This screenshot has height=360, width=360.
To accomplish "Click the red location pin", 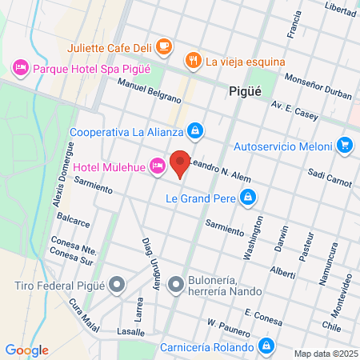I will coord(181,163).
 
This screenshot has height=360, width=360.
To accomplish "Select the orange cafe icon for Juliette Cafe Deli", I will coord(164,46).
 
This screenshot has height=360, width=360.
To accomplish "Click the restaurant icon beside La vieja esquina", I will coord(192,60).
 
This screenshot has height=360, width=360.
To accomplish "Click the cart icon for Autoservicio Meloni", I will coord(345,146).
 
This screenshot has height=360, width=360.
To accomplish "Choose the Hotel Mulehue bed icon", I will coord(158,166).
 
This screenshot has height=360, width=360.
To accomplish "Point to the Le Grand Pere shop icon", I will coord(249,197).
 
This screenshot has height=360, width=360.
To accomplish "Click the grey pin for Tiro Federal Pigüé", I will coord(118,285).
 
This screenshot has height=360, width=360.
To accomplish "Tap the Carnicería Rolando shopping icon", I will coord(265,346).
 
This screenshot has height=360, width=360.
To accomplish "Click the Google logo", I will coord(26,350).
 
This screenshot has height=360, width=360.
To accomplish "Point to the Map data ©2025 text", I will coord(324,353).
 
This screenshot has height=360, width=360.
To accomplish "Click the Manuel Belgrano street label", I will coord(149,90).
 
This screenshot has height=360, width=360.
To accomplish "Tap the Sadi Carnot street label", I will coord(329,178).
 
